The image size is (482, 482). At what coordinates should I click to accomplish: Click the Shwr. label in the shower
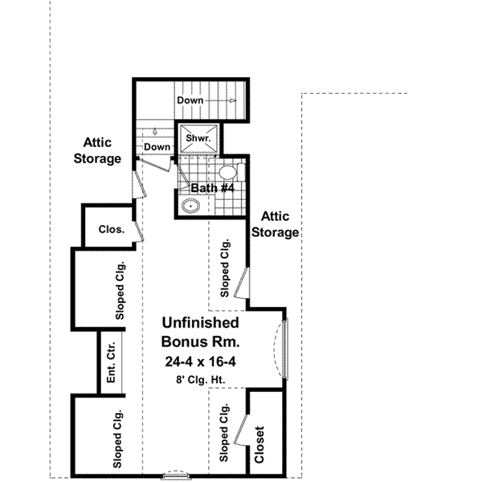pyautogui.click(x=198, y=137)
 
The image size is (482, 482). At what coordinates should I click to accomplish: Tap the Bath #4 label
pyautogui.click(x=212, y=189)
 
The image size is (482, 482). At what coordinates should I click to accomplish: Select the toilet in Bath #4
pyautogui.click(x=227, y=171)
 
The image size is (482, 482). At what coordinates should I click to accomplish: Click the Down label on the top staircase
pyautogui.click(x=191, y=100)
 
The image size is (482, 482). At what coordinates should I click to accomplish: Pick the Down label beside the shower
pyautogui.click(x=157, y=147)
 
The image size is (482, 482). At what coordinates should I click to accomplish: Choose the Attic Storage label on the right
pyautogui.click(x=276, y=225)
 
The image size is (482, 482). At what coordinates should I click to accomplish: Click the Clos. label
pyautogui.click(x=111, y=229)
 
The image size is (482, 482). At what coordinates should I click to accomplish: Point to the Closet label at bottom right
pyautogui.click(x=259, y=443)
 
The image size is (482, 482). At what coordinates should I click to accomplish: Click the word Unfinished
pyautogui.click(x=201, y=323)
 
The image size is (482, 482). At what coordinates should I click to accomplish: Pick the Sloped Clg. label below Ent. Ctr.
pyautogui.click(x=117, y=438)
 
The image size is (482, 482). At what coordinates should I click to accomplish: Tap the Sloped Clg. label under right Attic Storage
pyautogui.click(x=226, y=268)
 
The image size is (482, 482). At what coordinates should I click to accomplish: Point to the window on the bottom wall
pyautogui.click(x=174, y=476)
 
